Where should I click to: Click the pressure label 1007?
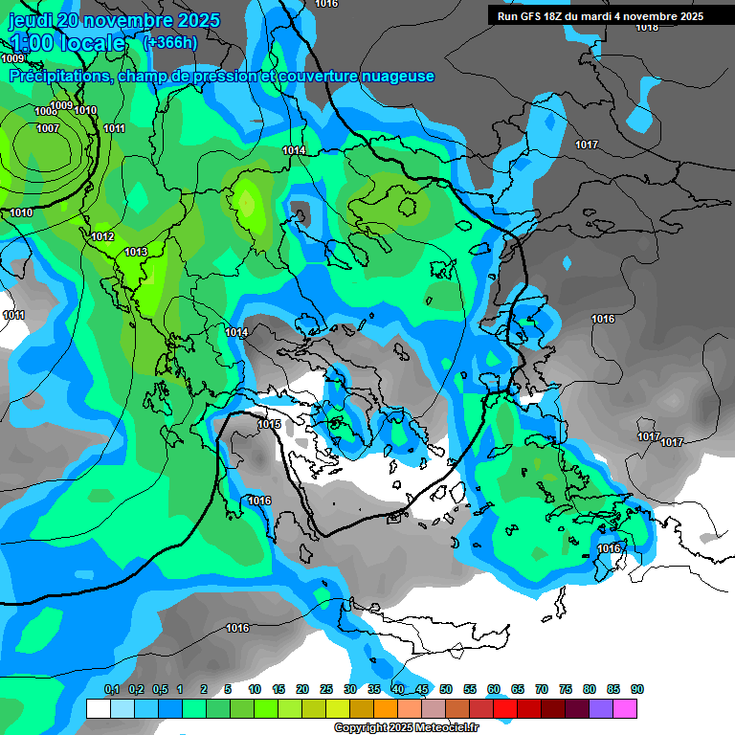[48, 128]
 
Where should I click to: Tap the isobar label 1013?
[136, 252]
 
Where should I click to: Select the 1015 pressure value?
[269, 424]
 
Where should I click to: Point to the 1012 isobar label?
[103, 236]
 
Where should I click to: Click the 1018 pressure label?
[647, 27]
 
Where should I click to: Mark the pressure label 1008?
[45, 112]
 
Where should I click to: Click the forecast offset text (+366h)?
[169, 42]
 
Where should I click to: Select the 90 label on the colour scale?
[636, 689]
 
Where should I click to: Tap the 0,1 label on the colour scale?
[111, 689]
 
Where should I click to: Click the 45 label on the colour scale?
[422, 689]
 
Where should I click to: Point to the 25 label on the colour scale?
[326, 689]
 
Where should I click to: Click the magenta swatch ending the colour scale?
[625, 708]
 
